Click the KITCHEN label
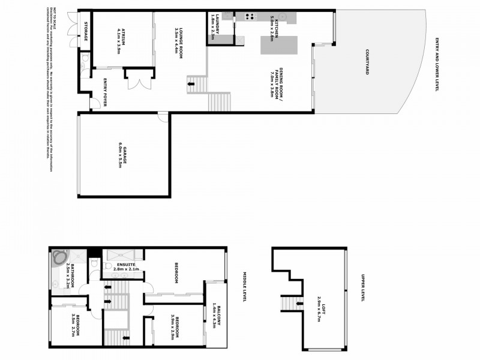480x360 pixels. coord(271,28)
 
